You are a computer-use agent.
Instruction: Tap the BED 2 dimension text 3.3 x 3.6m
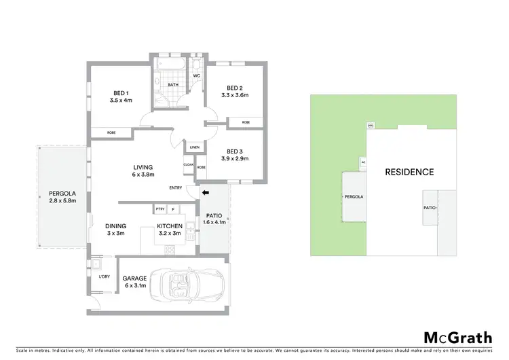pyautogui.click(x=235, y=96)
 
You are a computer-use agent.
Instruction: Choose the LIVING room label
pyautogui.click(x=143, y=167)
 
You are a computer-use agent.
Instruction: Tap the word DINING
pyautogui.click(x=115, y=226)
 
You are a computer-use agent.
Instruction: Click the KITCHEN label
pyautogui.click(x=168, y=226)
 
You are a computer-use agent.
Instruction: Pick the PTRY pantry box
pyautogui.click(x=160, y=209)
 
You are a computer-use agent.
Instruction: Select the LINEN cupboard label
pyautogui.click(x=195, y=147)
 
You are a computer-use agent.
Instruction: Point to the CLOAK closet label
pyautogui.click(x=189, y=164)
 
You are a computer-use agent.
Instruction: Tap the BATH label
pyautogui.click(x=173, y=85)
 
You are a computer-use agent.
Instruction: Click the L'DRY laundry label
pyautogui.click(x=105, y=276)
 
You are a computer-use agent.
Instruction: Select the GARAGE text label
pyautogui.click(x=134, y=278)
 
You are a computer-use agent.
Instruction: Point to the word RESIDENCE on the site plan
pyautogui.click(x=409, y=172)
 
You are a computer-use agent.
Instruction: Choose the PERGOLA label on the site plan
pyautogui.click(x=354, y=196)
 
